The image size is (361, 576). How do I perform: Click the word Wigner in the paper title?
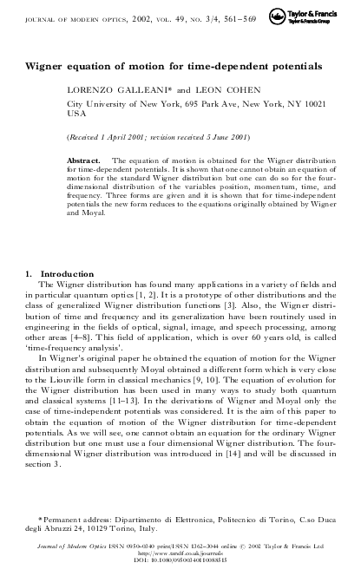click(48, 65)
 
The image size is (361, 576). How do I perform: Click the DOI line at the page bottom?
click(180, 562)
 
